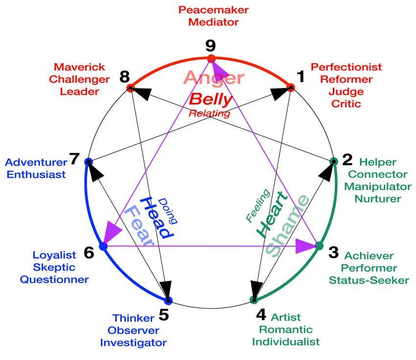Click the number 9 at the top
[210, 46]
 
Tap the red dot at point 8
[130, 88]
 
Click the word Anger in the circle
[214, 77]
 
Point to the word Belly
[210, 99]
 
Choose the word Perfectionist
[346, 67]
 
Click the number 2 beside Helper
[347, 160]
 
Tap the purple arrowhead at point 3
[305, 246]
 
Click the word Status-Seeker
[369, 280]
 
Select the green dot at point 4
[254, 299]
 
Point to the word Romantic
[285, 329]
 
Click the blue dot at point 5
[168, 300]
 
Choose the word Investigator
[133, 342]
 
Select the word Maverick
[76, 67]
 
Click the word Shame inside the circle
[288, 226]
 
